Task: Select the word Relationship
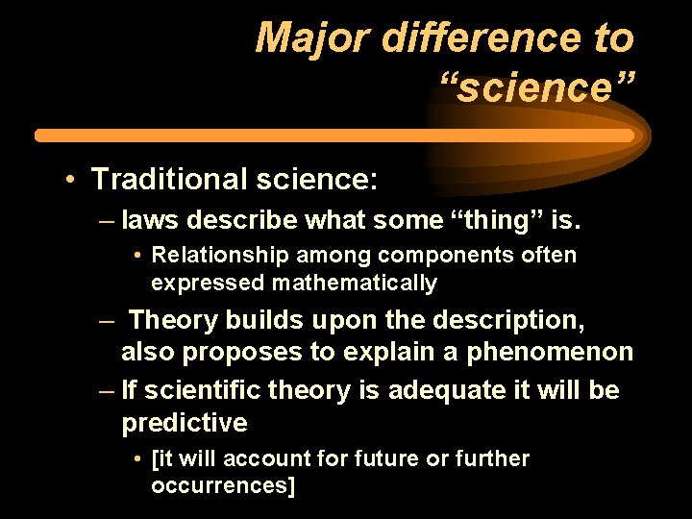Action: pyautogui.click(x=213, y=256)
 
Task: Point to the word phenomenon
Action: pyautogui.click(x=550, y=353)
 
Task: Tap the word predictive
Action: pyautogui.click(x=184, y=424)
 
